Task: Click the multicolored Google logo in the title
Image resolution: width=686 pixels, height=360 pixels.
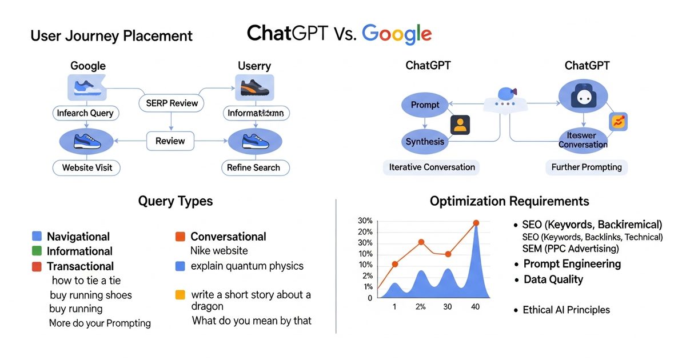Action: [x=397, y=34]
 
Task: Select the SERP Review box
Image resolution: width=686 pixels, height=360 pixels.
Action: [x=171, y=103]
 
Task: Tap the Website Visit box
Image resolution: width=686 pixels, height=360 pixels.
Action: [x=87, y=167]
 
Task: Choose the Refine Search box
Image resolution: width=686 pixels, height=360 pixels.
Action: [x=253, y=167]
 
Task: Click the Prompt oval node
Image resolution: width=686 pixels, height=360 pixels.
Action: [x=425, y=105]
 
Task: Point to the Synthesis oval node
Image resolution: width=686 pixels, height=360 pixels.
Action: [x=425, y=141]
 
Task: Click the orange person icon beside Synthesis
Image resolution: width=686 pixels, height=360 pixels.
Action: [x=460, y=125]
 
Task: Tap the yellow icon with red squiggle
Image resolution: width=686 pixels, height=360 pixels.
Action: [x=618, y=121]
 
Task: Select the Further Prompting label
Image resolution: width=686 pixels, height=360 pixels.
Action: [x=586, y=167]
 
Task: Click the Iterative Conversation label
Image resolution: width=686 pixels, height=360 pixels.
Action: [x=432, y=167]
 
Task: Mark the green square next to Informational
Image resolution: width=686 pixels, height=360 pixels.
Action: [x=37, y=251]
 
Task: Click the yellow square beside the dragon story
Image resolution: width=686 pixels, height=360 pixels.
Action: [x=180, y=295]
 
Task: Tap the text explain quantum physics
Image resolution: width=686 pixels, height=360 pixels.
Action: [x=247, y=266]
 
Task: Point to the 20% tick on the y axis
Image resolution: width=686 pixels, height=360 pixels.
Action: [x=365, y=232]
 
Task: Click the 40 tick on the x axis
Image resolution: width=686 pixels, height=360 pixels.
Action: [x=475, y=307]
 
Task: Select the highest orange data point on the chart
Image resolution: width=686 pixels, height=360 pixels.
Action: [x=476, y=223]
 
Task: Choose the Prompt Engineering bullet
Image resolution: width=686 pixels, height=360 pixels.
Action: [x=572, y=264]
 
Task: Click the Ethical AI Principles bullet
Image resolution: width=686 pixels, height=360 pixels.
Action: [x=566, y=310]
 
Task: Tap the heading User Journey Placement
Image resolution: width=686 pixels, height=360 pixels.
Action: [x=111, y=36]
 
